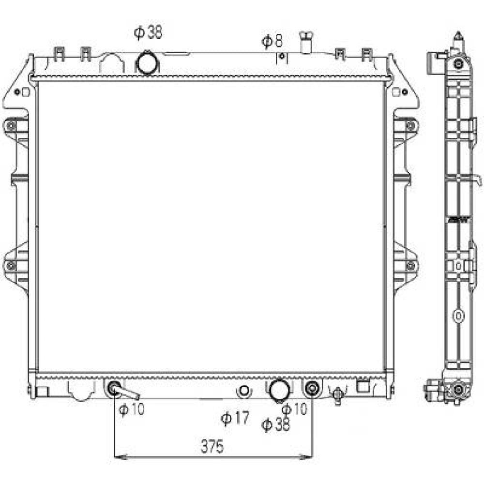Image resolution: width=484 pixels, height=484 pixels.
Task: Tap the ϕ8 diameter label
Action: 272,41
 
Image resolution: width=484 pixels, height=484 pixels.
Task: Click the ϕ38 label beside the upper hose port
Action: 148,32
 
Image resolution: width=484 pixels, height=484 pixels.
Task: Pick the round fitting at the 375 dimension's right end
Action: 312,388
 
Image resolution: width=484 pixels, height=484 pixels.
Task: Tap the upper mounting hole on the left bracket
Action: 11,126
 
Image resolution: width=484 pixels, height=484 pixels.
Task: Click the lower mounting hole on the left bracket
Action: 11,265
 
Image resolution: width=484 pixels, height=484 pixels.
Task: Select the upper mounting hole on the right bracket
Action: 410,126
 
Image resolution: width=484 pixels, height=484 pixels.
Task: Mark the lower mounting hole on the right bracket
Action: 410,265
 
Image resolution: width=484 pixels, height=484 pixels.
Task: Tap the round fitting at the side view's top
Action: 458,63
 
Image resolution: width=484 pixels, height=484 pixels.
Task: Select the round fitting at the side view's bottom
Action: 457,390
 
